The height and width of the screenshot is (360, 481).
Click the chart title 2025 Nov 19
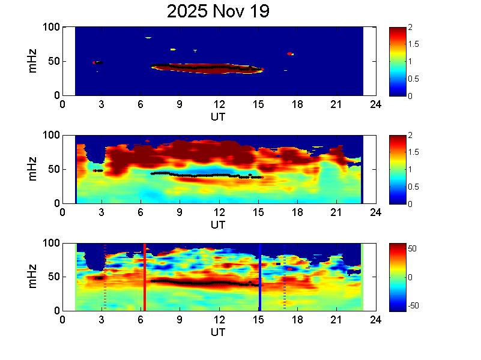tap(218, 11)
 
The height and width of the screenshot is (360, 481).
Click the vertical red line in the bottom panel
tap(145, 277)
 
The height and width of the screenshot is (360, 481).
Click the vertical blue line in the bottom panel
tap(260, 277)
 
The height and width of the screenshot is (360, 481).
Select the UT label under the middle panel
tap(218, 225)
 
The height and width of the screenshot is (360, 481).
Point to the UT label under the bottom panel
tap(218, 332)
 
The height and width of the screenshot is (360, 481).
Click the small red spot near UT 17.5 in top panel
tap(290, 54)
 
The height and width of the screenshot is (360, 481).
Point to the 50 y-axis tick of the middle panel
tap(53, 170)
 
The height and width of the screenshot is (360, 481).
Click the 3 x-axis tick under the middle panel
tap(102, 212)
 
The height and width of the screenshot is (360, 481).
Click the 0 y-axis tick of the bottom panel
tap(56, 311)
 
